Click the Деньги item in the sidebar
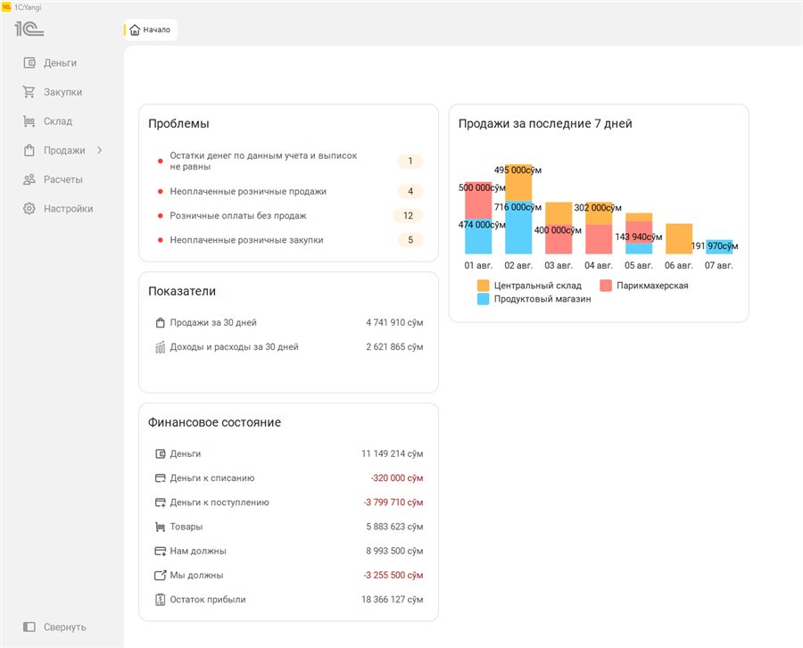tap(60, 63)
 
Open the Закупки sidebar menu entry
tap(62, 92)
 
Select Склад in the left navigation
tap(57, 121)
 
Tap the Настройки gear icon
tap(29, 209)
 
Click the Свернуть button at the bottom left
tap(54, 627)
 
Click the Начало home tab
tap(151, 29)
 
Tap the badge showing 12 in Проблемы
tap(408, 216)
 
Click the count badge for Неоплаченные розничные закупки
tap(410, 240)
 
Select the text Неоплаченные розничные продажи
tap(248, 191)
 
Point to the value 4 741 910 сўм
tap(394, 323)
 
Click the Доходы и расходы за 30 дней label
tap(234, 347)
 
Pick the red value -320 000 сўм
tap(397, 478)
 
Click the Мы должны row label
tap(196, 576)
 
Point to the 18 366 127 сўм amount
tap(393, 599)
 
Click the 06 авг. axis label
tap(679, 265)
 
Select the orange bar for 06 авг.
tap(679, 238)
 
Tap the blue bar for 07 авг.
tap(719, 247)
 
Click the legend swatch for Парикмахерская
tap(606, 286)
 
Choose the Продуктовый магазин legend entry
tap(534, 299)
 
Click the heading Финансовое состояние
tap(214, 422)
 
